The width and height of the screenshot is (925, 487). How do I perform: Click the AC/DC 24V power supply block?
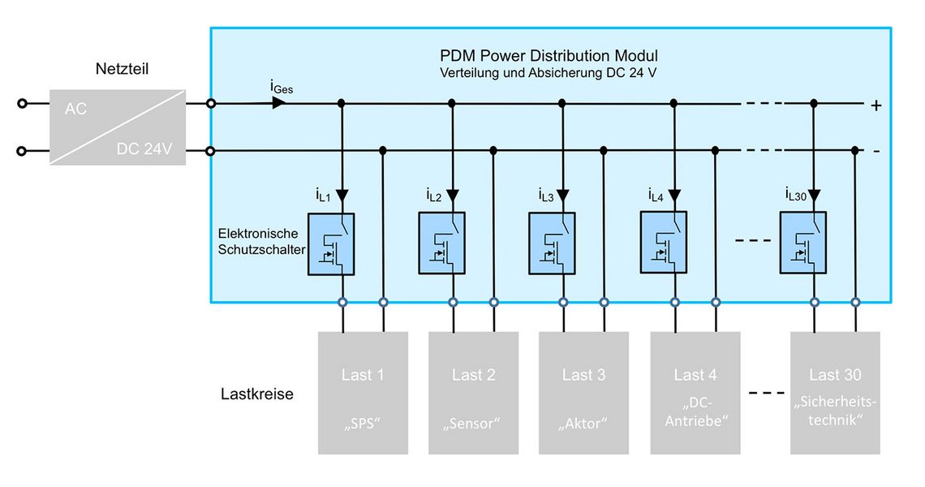[117, 127]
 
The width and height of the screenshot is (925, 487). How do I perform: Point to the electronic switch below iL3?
[552, 244]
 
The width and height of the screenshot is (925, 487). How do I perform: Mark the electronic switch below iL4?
[663, 244]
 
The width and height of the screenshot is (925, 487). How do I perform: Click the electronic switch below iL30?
[803, 244]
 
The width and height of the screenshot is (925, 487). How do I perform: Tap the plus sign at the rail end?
[876, 106]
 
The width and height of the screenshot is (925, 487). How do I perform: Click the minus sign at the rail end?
[876, 152]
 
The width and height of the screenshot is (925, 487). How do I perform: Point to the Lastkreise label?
[257, 394]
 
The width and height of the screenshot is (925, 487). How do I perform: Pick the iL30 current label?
[795, 195]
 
